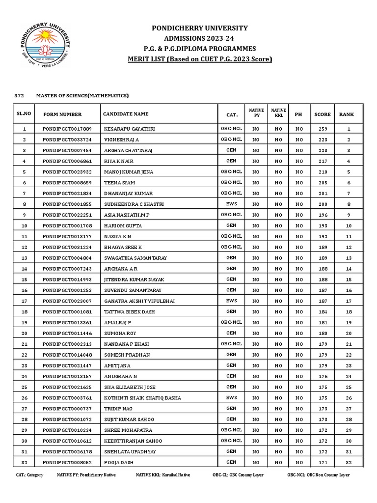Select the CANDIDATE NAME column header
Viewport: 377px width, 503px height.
pyautogui.click(x=126, y=114)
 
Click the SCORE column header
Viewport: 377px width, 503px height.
pyautogui.click(x=323, y=114)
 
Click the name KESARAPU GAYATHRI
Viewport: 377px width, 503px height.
pyautogui.click(x=130, y=129)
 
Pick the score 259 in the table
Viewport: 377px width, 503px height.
pyautogui.click(x=323, y=129)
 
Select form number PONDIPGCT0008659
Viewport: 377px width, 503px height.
pyautogui.click(x=67, y=182)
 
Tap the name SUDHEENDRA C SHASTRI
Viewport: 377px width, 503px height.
pyautogui.click(x=134, y=204)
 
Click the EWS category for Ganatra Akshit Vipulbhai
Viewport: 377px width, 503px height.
pyautogui.click(x=231, y=300)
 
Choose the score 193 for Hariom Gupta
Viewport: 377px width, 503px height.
pyautogui.click(x=323, y=225)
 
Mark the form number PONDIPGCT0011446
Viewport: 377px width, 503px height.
pyautogui.click(x=67, y=333)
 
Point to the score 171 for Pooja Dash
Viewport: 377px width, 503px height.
pyautogui.click(x=323, y=462)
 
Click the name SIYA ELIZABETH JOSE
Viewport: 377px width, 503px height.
pyautogui.click(x=130, y=387)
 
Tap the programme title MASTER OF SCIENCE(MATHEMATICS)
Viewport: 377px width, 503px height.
pyautogui.click(x=82, y=95)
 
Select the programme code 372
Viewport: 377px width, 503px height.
pyautogui.click(x=20, y=95)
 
